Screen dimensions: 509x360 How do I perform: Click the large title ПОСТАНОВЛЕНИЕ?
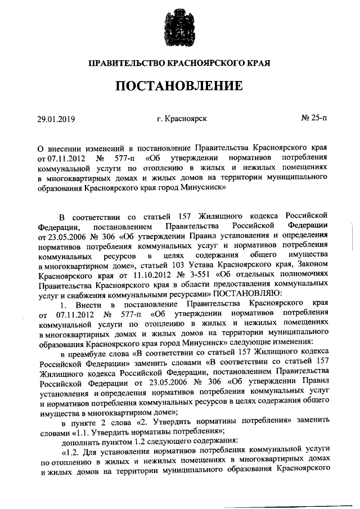pos(180,86)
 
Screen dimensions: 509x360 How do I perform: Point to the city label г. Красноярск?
pos(182,119)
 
